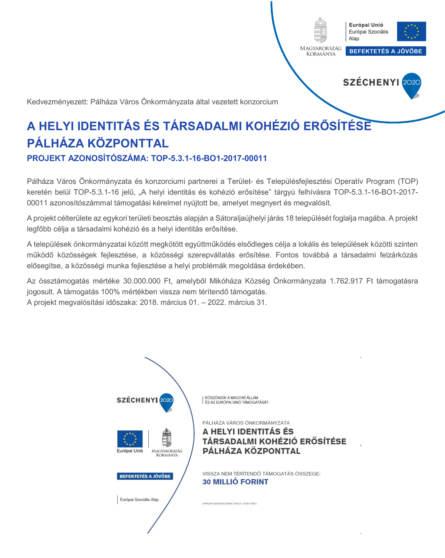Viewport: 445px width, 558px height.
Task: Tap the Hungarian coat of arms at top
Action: (320, 30)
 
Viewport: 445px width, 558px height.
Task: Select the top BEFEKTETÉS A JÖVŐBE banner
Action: (386, 51)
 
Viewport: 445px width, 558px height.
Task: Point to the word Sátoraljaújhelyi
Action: (243, 218)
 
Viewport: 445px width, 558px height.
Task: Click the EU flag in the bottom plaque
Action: (130, 439)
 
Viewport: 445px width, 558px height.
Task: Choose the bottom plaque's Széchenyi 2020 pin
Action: (166, 402)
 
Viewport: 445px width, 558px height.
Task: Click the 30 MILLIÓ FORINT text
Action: (235, 482)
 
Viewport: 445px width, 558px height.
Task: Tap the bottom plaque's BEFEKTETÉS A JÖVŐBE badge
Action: (145, 476)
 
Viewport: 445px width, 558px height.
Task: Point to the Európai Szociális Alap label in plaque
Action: (139, 500)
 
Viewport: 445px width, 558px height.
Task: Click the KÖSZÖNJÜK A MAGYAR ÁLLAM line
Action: (231, 398)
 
